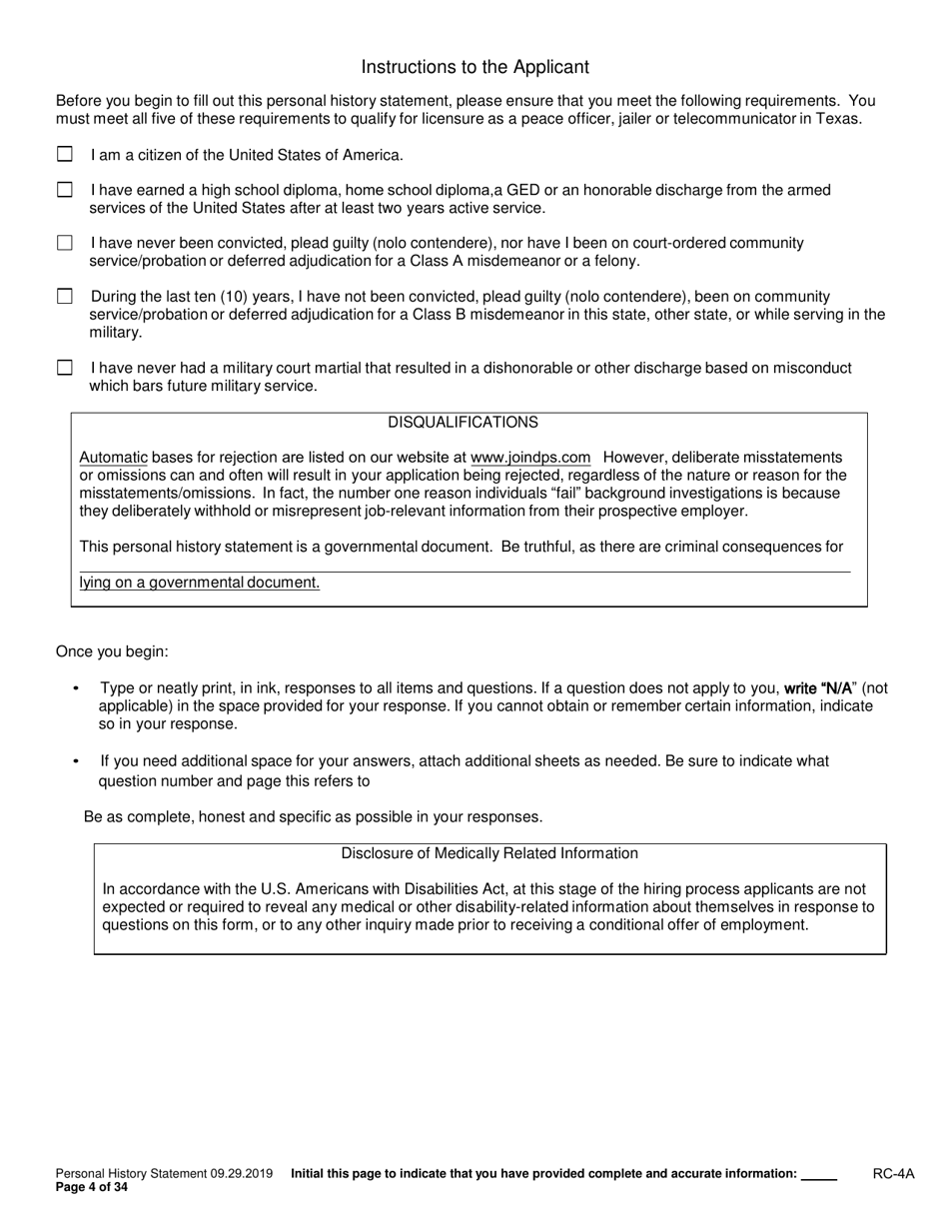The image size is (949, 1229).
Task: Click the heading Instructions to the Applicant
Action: coord(474,67)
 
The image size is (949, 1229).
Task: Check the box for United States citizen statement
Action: coord(65,155)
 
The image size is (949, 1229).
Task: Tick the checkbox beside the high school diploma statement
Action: coord(65,190)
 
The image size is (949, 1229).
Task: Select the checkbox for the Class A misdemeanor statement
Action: coord(65,243)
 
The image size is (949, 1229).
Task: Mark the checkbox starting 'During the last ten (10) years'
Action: coord(65,297)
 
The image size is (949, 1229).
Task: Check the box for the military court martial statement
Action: coord(65,368)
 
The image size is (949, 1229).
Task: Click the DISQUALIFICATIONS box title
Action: coord(463,423)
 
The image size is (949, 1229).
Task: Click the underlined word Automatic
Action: coord(113,458)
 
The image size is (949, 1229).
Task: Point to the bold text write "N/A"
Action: coord(817,688)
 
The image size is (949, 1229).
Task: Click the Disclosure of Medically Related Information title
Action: coord(489,853)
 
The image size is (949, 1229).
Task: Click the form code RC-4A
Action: coord(893,1175)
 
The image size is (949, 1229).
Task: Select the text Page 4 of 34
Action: coord(92,1188)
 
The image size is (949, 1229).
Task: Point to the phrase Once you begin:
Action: coord(112,652)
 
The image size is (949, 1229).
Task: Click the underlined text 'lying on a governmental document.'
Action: coord(200,583)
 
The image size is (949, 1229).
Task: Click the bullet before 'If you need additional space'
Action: coord(77,761)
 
